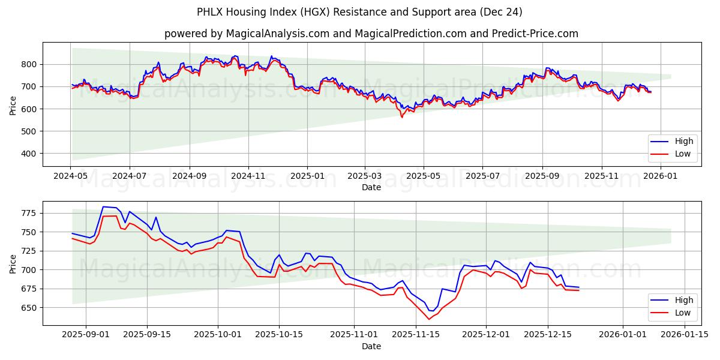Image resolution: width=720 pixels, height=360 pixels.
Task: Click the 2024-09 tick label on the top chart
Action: coord(189,176)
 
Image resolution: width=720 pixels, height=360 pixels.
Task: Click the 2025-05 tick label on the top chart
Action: coord(424,176)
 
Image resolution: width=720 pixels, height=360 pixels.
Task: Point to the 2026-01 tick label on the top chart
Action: coord(660,176)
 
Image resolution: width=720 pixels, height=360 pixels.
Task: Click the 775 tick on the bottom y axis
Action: coord(29,213)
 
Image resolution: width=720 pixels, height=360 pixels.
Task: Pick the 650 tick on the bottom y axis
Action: coord(29,308)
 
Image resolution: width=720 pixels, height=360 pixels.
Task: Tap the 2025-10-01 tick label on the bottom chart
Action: coord(217,335)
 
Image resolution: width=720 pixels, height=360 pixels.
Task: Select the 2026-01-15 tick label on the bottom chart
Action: coord(685,335)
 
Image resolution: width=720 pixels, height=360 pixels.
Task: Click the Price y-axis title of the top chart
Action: coord(13,105)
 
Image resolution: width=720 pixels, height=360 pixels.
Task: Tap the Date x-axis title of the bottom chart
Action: coord(371,346)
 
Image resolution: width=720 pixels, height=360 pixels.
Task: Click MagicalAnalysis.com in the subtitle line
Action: coord(278,34)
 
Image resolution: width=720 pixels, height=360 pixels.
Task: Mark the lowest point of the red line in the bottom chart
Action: coord(429,319)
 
